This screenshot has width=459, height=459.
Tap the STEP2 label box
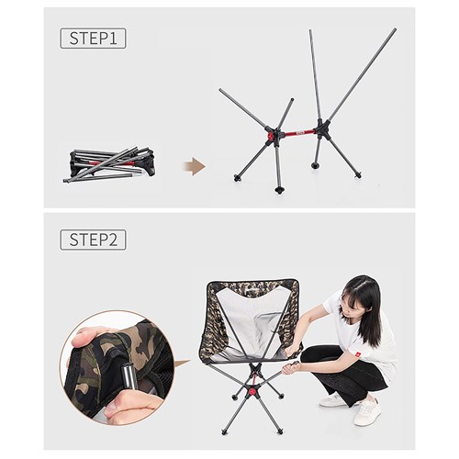pos(94,240)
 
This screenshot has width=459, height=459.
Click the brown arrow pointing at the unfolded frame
pos(194,166)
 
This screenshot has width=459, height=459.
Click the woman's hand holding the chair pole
pos(293,367)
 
